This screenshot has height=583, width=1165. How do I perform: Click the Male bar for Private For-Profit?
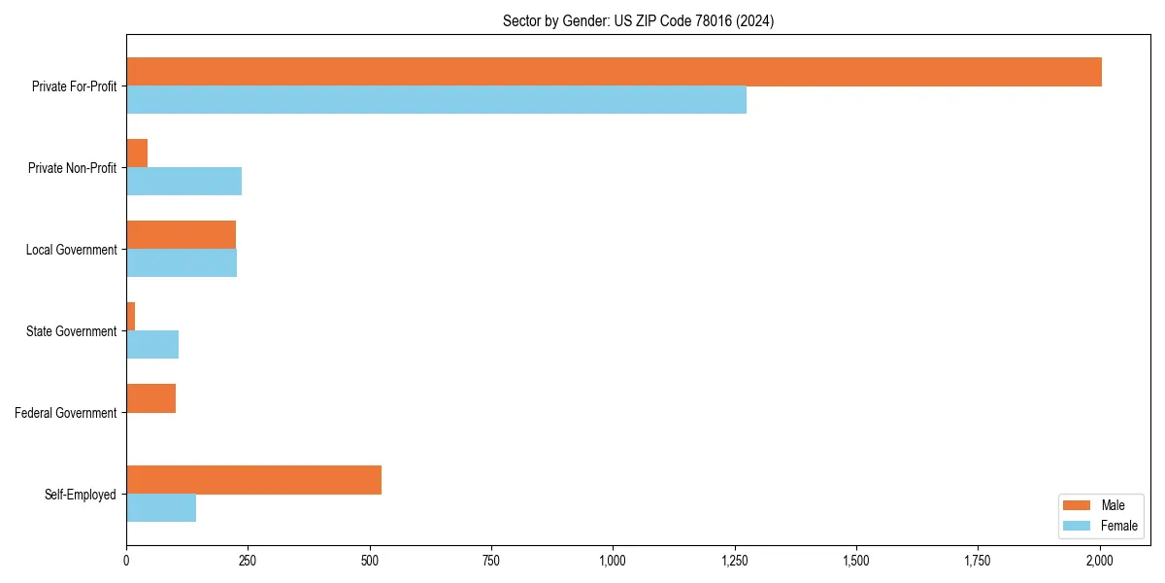click(614, 72)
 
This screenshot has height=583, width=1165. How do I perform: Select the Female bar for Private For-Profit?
click(436, 100)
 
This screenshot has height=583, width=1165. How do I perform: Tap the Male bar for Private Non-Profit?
click(137, 154)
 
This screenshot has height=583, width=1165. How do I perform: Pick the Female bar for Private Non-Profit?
click(183, 182)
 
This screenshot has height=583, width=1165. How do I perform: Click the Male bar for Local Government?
click(181, 235)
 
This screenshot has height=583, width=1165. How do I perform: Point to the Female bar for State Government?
click(152, 345)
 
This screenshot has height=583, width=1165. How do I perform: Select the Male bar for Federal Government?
click(150, 398)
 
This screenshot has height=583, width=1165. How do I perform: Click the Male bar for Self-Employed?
click(253, 480)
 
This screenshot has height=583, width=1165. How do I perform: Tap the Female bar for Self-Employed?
click(161, 508)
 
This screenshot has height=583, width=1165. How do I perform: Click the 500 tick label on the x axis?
click(370, 561)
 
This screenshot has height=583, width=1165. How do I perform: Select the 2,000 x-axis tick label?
click(1099, 561)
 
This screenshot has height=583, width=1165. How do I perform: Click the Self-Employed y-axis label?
click(81, 495)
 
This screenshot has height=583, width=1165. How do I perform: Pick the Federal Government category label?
click(66, 413)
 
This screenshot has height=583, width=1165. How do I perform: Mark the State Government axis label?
click(72, 331)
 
